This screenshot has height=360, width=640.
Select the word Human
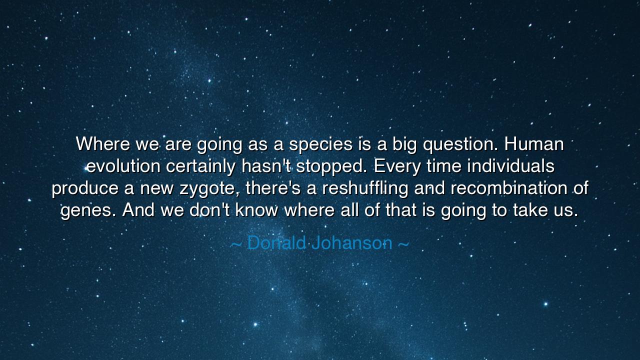(534, 144)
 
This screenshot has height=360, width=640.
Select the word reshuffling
(366, 189)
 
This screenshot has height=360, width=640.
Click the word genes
(89, 210)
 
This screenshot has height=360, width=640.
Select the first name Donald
(276, 243)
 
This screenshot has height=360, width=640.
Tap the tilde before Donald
(236, 244)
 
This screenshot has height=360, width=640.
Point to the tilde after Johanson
(403, 244)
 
